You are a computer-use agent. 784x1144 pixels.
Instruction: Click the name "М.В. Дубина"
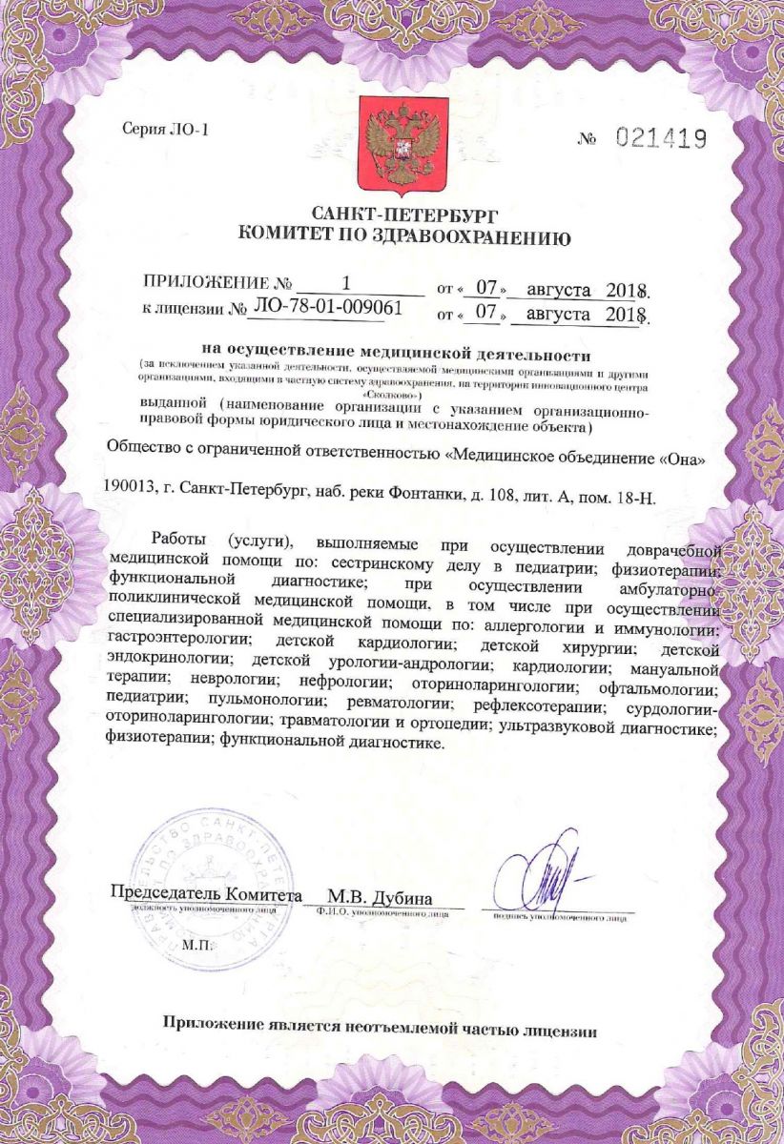(380, 897)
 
